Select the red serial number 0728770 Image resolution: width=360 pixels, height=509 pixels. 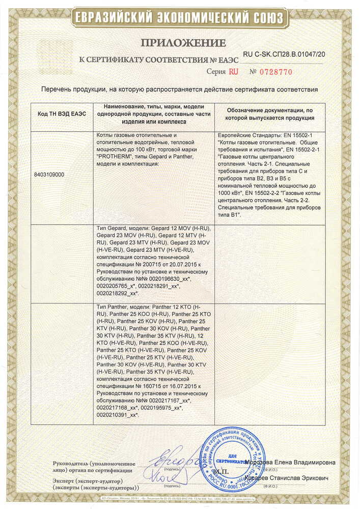coord(275,72)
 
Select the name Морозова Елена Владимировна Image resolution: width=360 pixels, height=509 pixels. coord(290,462)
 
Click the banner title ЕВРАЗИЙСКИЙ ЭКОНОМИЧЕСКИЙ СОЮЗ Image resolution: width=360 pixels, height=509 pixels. coord(180,18)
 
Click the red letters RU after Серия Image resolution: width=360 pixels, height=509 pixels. coord(234,72)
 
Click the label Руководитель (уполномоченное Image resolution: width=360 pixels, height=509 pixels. coord(94,464)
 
